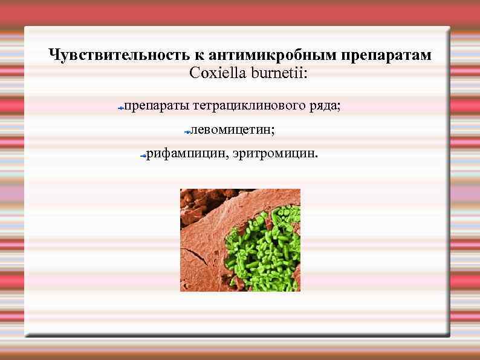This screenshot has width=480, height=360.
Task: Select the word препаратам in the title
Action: pyautogui.click(x=386, y=56)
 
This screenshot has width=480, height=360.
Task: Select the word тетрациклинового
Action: pyautogui.click(x=250, y=106)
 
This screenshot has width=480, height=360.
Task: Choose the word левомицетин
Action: pyautogui.click(x=232, y=129)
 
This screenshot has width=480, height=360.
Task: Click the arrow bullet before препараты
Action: pyautogui.click(x=121, y=108)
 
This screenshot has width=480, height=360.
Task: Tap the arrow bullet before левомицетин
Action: pyautogui.click(x=187, y=131)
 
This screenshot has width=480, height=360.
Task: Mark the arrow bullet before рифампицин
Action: pyautogui.click(x=142, y=155)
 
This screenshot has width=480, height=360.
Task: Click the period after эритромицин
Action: pyautogui.click(x=315, y=156)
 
